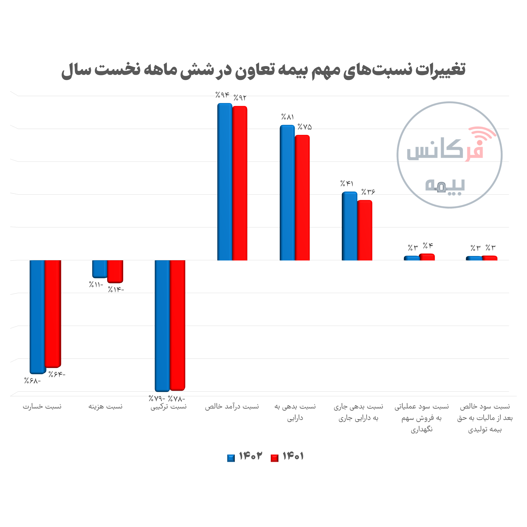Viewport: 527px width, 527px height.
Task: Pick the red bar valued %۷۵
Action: pos(302,198)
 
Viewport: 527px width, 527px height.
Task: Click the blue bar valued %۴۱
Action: pos(349,226)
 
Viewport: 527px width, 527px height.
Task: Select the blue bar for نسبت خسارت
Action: pos(37,316)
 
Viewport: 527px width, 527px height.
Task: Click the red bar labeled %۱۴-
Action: pos(115,271)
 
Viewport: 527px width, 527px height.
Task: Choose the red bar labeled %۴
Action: pos(427,257)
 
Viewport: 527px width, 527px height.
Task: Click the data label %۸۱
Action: pos(287,117)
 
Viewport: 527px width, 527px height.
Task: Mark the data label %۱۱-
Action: pos(96,285)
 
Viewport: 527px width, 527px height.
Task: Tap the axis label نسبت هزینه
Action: pos(105,407)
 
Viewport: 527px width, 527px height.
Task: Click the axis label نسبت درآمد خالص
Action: pos(232,407)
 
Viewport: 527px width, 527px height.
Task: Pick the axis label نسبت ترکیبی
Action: pos(169,407)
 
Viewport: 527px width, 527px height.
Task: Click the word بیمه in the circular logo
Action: pos(445,186)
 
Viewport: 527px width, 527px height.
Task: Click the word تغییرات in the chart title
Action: pos(441,70)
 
